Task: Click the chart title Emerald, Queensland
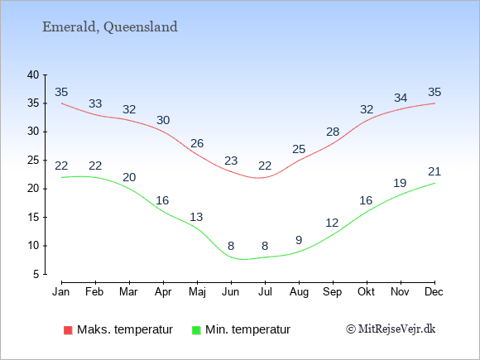[x=110, y=27]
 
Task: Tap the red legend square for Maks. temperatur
[x=68, y=330]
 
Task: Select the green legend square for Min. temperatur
[x=196, y=330]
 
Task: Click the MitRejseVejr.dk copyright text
[x=391, y=329]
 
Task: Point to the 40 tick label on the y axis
[x=33, y=74]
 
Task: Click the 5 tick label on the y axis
[x=36, y=274]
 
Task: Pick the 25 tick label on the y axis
[x=33, y=160]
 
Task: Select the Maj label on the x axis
[x=197, y=292]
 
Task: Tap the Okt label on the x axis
[x=366, y=291]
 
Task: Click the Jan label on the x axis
[x=61, y=291]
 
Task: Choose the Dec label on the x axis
[x=434, y=291]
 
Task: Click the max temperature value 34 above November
[x=401, y=98]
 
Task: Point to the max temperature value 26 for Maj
[x=197, y=143]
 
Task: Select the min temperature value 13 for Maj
[x=196, y=217]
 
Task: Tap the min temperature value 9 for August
[x=299, y=240]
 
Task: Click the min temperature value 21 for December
[x=434, y=171]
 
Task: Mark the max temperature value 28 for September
[x=333, y=132]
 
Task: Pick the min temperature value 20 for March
[x=129, y=177]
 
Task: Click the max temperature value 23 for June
[x=231, y=161]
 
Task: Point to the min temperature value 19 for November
[x=400, y=183]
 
